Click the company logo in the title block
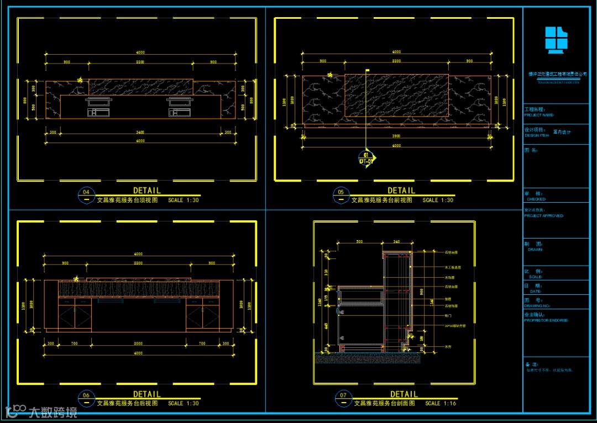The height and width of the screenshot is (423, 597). (x=556, y=40)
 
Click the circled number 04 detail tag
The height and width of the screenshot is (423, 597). (x=86, y=193)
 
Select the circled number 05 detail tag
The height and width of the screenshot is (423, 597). (x=341, y=193)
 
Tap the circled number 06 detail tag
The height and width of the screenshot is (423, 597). (x=86, y=395)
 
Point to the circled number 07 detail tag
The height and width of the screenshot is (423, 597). (x=343, y=395)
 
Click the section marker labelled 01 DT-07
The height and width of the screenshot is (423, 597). (x=366, y=158)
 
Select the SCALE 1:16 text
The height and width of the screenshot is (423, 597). (x=441, y=404)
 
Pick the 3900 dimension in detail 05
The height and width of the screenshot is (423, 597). (x=396, y=135)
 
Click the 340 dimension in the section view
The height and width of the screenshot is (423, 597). (x=396, y=242)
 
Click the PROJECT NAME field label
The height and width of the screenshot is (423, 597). (x=539, y=115)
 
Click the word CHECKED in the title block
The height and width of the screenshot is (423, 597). (x=536, y=199)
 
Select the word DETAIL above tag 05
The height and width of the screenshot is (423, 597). (x=401, y=191)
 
